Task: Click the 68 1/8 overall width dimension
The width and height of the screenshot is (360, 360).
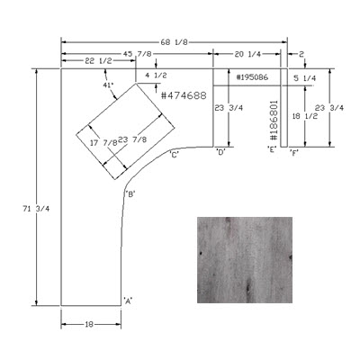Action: point(174,42)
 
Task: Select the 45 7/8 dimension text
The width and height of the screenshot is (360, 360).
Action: point(138,54)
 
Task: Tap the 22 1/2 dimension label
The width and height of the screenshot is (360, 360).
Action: point(98,61)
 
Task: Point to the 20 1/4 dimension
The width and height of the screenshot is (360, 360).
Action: point(247,54)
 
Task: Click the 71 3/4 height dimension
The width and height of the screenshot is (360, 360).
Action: point(36,209)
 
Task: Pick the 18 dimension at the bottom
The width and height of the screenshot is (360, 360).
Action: point(89,324)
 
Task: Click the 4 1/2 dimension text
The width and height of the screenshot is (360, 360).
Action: point(156,76)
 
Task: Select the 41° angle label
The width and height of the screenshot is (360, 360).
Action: point(108,85)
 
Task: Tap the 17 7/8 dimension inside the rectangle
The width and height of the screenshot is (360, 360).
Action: point(103,143)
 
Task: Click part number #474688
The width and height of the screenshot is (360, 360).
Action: point(184,95)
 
